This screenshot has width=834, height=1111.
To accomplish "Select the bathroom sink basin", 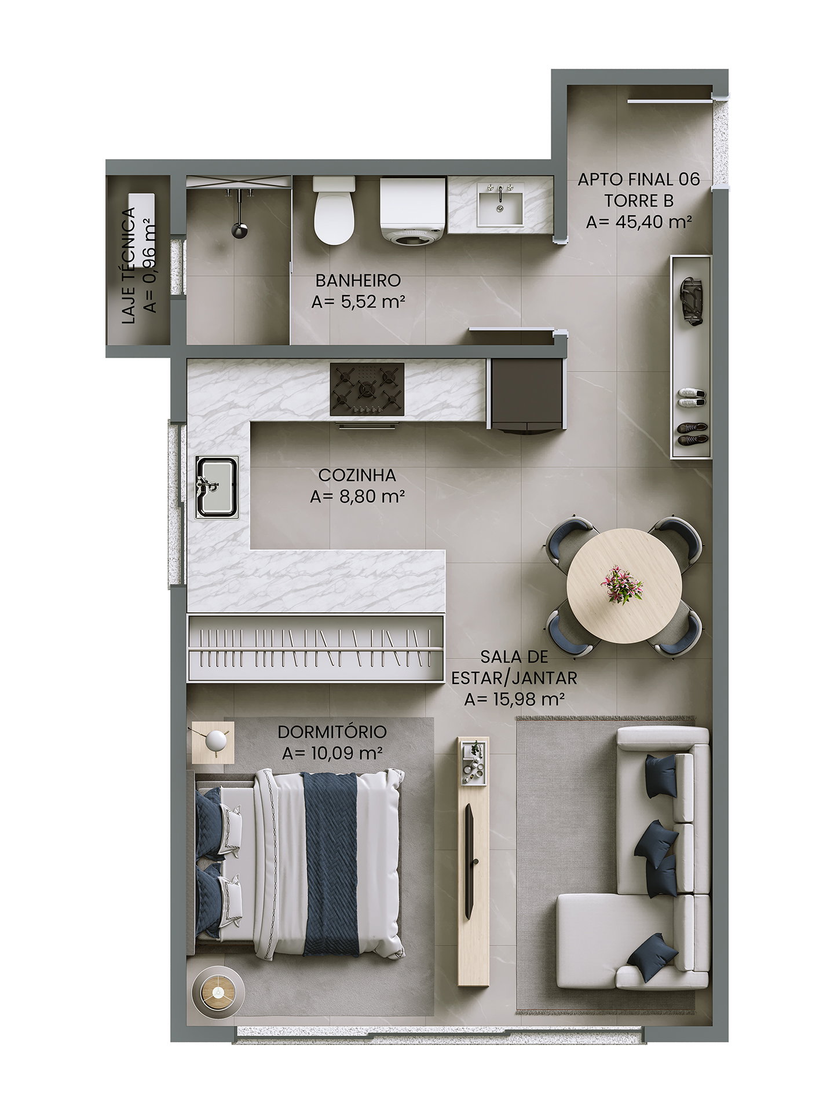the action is tap(500, 204).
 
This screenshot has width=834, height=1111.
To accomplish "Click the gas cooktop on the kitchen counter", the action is tap(367, 389).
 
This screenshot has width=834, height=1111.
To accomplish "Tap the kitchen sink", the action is tap(217, 487).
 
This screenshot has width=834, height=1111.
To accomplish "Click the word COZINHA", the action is tap(357, 475).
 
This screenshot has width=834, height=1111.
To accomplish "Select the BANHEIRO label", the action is tap(358, 281).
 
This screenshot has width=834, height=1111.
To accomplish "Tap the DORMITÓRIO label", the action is tap(332, 732).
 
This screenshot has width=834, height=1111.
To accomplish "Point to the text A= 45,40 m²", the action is tap(639, 222).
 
